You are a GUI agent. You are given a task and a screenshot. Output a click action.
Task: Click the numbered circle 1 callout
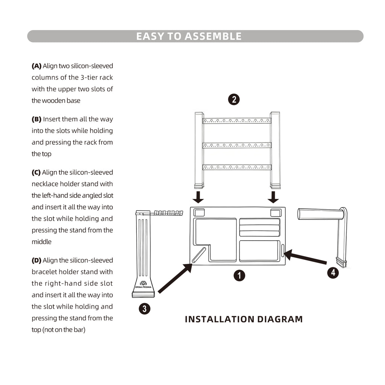(x=239, y=276)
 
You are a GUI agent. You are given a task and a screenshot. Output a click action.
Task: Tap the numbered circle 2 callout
(x=234, y=99)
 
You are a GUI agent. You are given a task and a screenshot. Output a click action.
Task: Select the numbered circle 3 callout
(x=144, y=309)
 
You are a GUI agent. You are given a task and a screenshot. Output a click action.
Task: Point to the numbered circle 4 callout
(x=333, y=272)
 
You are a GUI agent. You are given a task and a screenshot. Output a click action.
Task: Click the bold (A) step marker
(x=36, y=66)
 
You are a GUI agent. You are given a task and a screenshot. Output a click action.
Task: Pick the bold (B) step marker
(x=36, y=119)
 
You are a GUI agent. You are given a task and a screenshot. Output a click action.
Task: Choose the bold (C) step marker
(x=36, y=173)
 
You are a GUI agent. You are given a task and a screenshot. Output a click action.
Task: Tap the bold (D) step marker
(x=36, y=260)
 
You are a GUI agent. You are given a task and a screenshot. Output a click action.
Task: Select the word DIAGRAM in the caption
(x=280, y=319)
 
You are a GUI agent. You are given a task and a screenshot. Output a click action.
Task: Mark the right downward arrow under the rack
(x=274, y=197)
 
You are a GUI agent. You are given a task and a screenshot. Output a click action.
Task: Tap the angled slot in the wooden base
(x=199, y=255)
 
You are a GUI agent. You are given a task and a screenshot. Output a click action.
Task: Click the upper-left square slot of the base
(x=199, y=212)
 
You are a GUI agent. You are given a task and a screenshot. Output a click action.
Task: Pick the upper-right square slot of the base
(x=276, y=212)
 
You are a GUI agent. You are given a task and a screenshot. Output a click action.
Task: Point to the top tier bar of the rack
(x=237, y=121)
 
